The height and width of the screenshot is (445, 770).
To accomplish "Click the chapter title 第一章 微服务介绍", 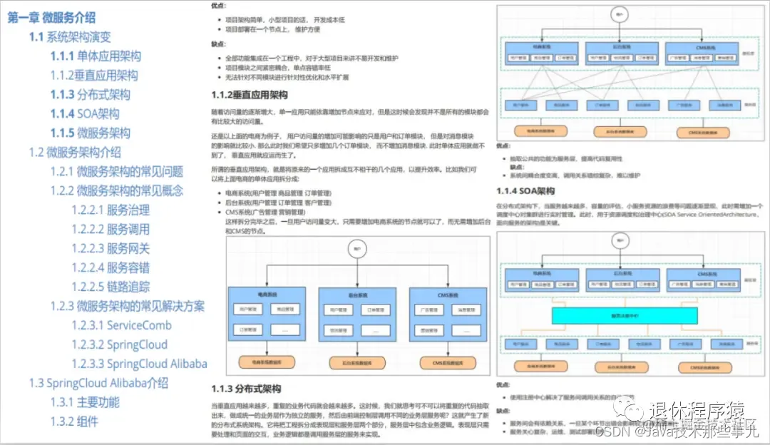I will coord(51,18).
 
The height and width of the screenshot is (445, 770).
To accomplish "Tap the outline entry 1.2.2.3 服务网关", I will coord(111,248).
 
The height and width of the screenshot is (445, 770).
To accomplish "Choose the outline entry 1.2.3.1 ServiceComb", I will coord(121,325).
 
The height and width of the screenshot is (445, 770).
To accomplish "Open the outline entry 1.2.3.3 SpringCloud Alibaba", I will coord(139,364).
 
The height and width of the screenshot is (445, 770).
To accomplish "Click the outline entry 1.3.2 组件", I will coord(74,421).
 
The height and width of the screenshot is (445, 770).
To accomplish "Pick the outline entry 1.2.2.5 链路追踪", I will coord(111,287).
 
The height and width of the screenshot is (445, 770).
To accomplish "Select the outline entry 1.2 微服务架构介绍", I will coord(75,152).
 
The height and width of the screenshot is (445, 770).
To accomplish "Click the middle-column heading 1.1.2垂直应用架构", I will coord(250,95).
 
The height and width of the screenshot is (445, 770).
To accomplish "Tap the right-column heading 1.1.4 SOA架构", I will coord(525,191).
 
